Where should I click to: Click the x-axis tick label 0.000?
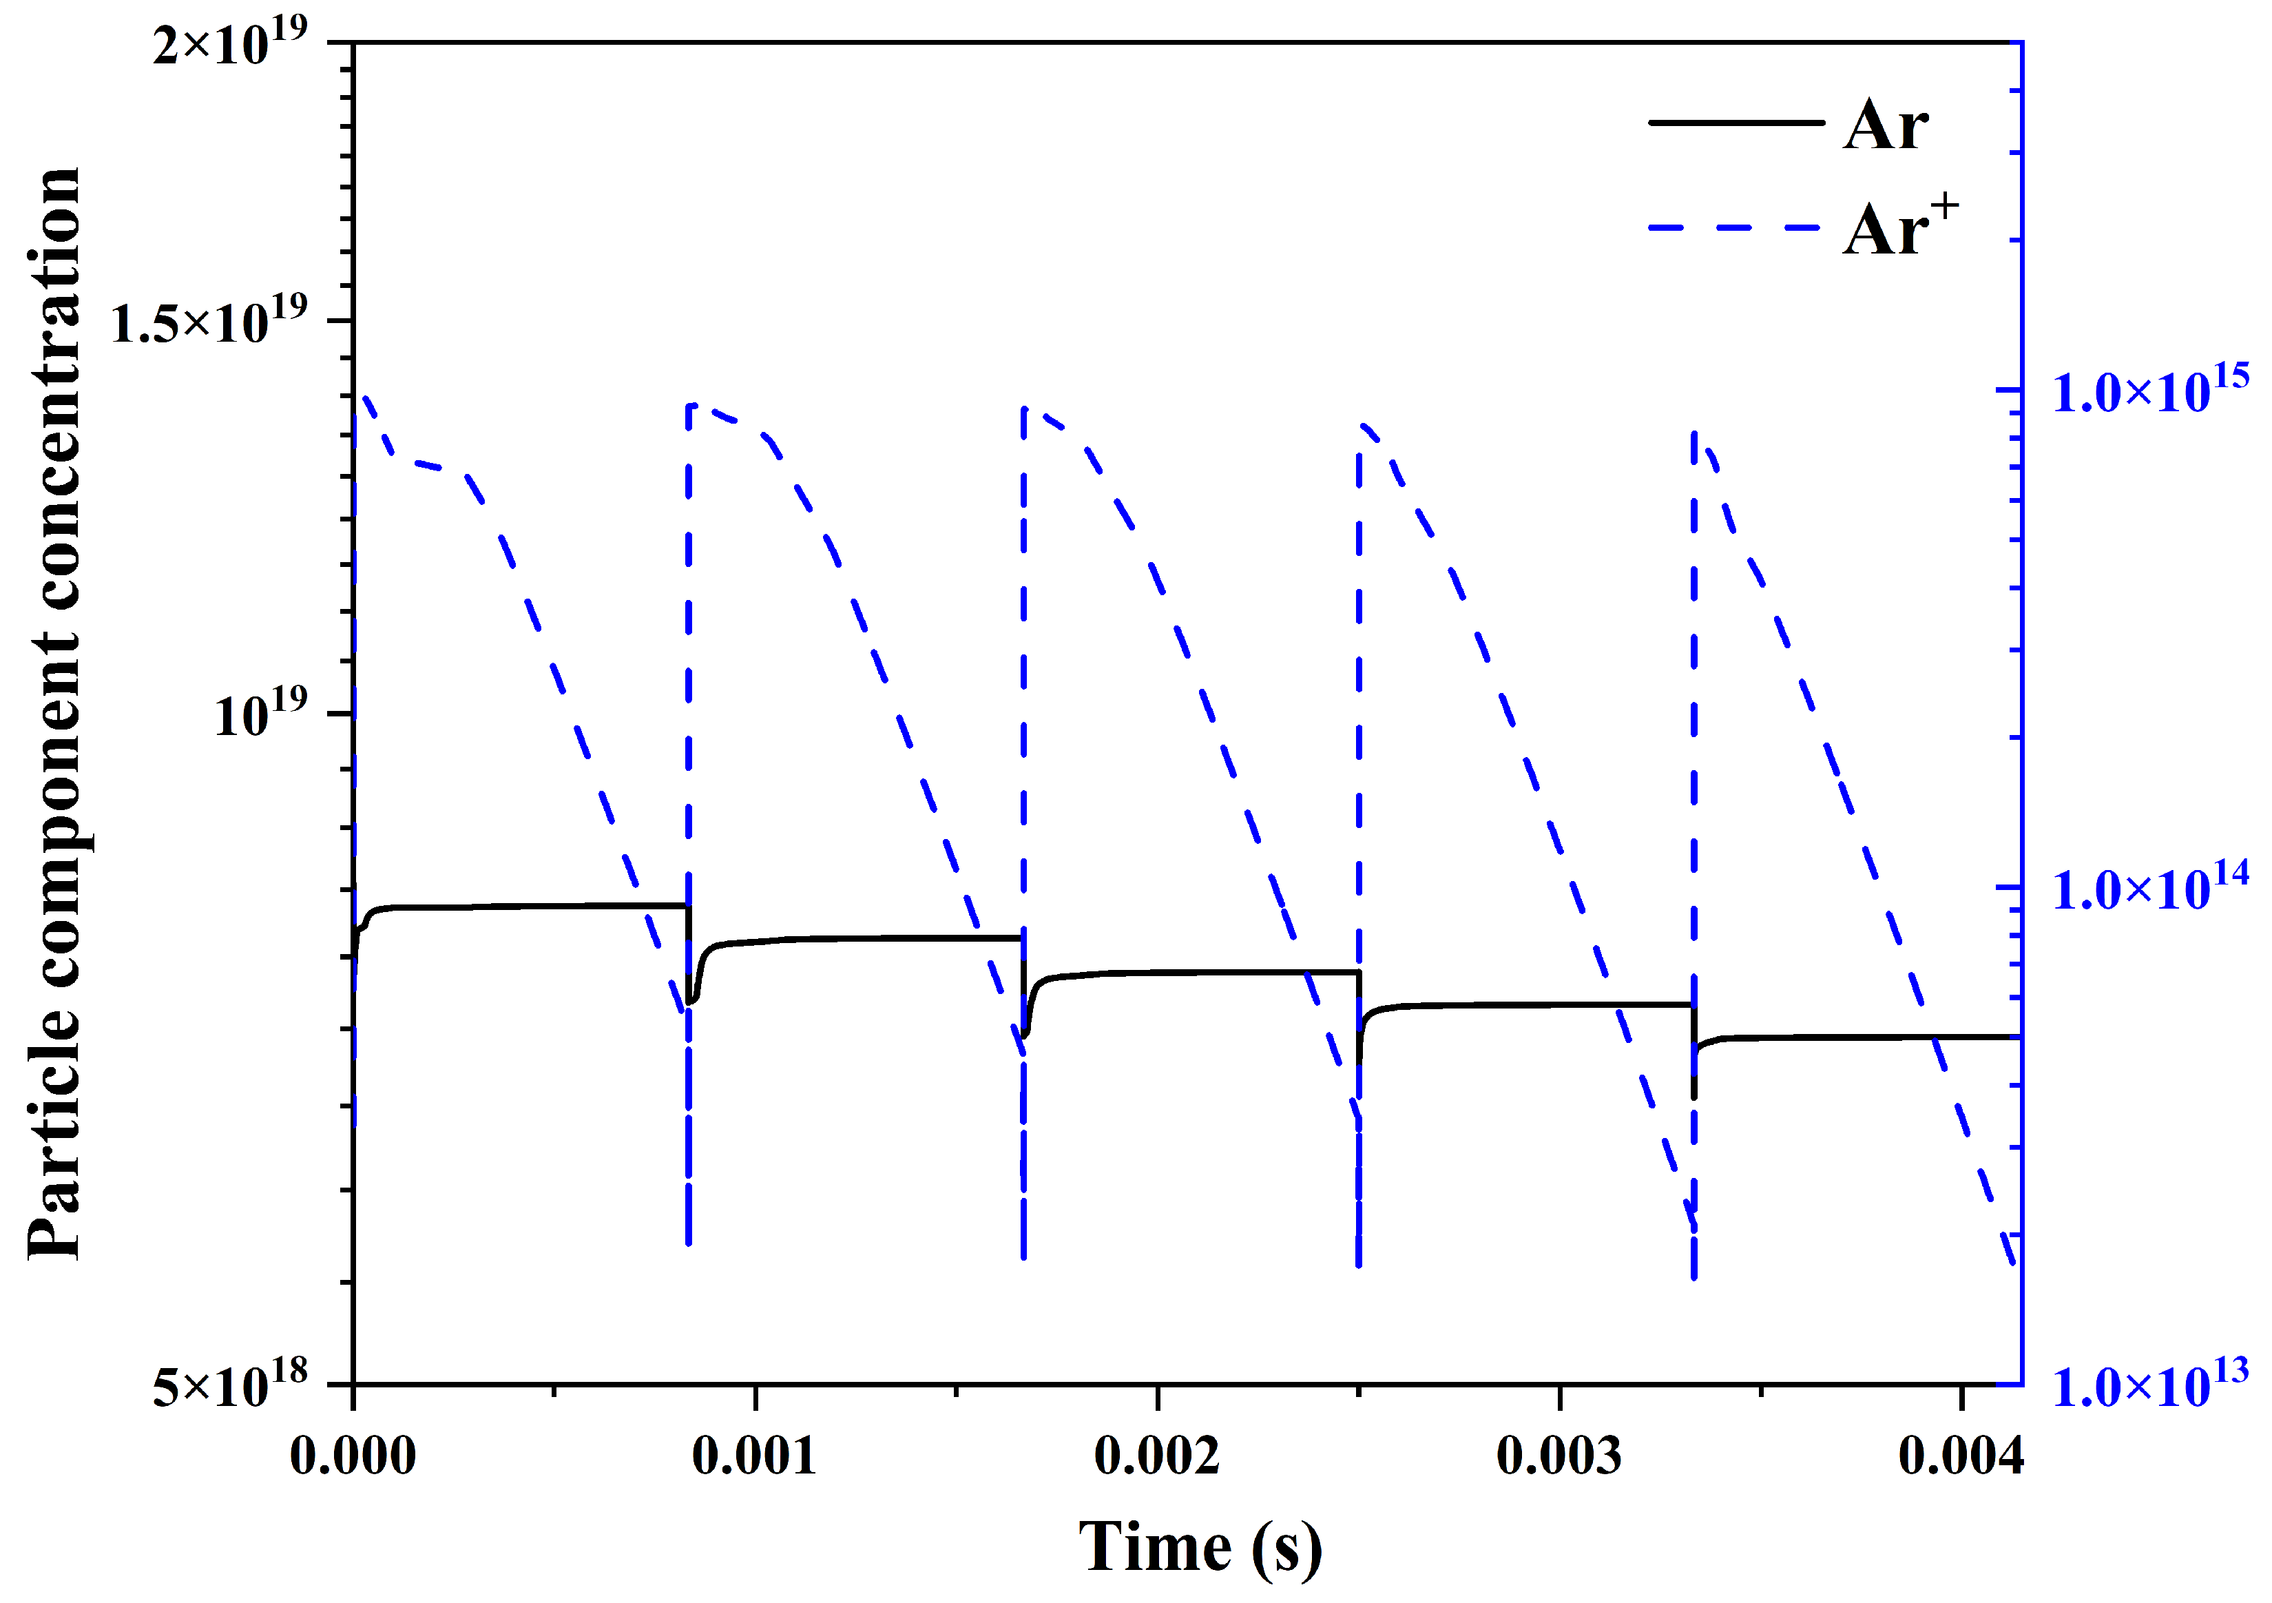point(353,1456)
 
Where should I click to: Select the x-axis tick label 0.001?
point(754,1456)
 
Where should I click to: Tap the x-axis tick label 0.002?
point(1157,1456)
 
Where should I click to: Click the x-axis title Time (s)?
point(1199,1547)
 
